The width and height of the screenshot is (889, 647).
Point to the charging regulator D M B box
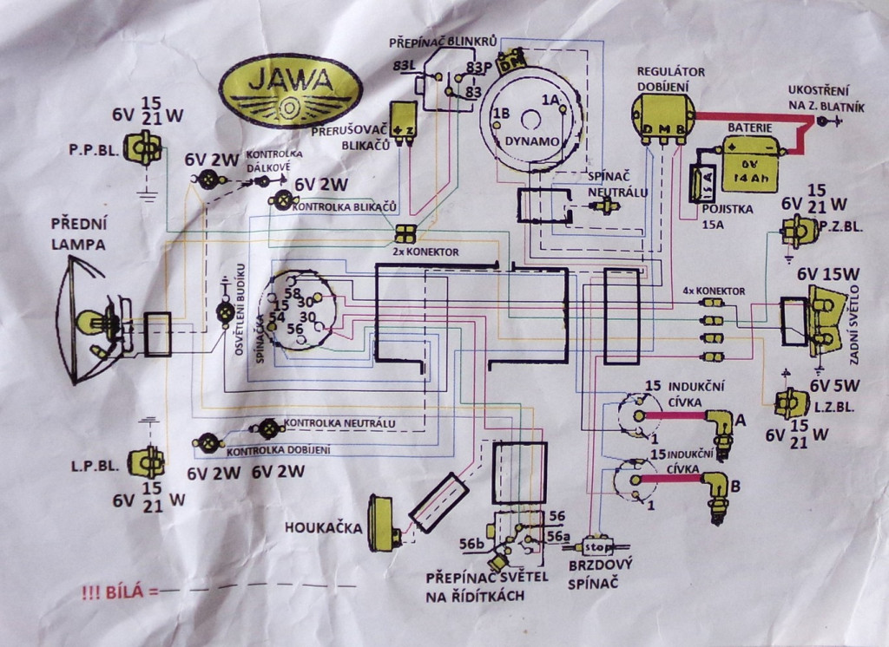663,116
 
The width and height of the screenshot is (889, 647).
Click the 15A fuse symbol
699,185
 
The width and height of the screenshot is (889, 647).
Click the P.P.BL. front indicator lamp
141,148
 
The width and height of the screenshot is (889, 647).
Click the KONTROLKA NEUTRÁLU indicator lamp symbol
269,427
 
